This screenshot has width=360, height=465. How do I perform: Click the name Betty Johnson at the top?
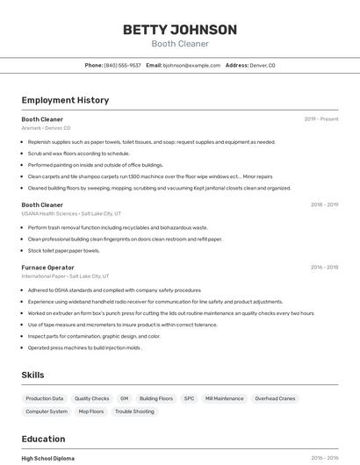(x=179, y=30)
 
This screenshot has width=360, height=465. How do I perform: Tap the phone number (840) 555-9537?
(x=122, y=65)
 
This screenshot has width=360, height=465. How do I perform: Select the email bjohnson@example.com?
(x=191, y=65)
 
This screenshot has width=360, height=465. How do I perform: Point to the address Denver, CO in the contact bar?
(x=262, y=65)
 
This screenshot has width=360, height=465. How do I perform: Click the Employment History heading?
(x=65, y=100)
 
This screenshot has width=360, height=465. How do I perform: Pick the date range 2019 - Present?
(x=321, y=119)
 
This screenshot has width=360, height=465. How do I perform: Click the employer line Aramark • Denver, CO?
(x=47, y=128)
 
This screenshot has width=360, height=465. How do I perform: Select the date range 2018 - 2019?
(x=324, y=204)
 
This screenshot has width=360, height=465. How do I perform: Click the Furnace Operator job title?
(x=47, y=267)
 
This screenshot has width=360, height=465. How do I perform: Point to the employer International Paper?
(x=44, y=275)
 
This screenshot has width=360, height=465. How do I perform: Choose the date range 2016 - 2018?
(x=324, y=267)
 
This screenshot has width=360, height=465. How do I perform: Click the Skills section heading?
(x=32, y=375)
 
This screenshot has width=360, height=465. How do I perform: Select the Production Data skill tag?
(x=45, y=398)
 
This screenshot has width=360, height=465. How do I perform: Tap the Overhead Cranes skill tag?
(x=274, y=398)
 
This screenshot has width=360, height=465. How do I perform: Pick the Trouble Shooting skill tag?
(x=134, y=411)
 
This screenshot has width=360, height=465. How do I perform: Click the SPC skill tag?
(x=189, y=398)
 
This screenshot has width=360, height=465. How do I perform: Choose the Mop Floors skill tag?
(x=90, y=411)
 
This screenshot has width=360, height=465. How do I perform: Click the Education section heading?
(x=43, y=439)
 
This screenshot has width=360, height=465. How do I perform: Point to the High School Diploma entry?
(x=48, y=458)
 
